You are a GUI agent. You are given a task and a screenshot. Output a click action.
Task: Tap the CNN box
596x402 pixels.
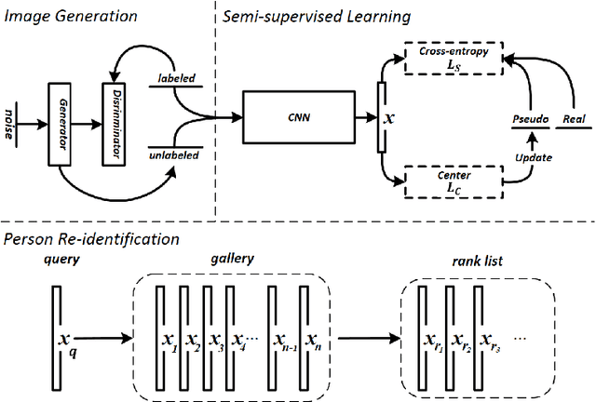pos(296,118)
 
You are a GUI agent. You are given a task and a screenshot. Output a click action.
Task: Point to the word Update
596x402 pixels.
pos(535,157)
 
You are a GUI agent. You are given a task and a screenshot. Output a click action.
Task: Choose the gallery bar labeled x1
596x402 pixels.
pos(161,335)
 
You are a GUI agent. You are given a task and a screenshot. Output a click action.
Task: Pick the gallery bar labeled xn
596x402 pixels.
pos(303,335)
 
